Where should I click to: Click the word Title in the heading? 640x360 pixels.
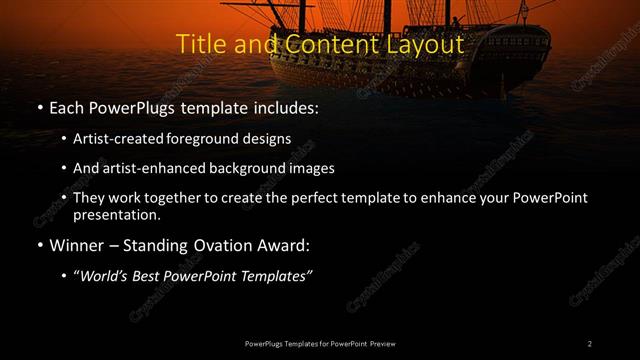199,45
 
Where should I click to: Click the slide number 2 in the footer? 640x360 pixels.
590,343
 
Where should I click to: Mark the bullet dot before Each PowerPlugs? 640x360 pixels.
38,106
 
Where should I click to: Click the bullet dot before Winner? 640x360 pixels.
38,245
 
